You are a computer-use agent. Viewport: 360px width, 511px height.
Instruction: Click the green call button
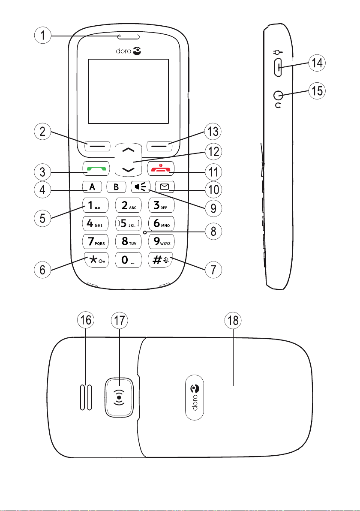click(x=98, y=168)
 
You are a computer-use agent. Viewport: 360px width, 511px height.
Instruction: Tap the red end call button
click(x=159, y=168)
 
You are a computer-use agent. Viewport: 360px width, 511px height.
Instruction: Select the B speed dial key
click(x=117, y=187)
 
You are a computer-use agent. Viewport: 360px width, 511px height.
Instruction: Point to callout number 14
click(x=318, y=63)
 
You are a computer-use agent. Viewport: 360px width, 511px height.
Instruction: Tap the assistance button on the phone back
click(x=120, y=397)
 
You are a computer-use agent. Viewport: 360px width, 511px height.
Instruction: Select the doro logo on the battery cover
click(x=196, y=397)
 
